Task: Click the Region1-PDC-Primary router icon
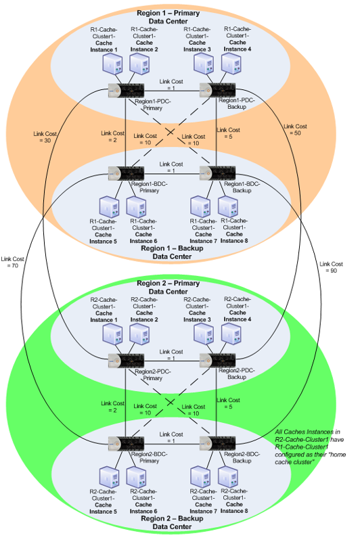pyautogui.click(x=127, y=91)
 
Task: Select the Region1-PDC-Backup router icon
pyautogui.click(x=217, y=91)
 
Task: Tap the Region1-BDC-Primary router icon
pyautogui.click(x=127, y=173)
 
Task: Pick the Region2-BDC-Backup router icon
pyautogui.click(x=217, y=444)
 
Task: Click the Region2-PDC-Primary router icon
pyautogui.click(x=127, y=361)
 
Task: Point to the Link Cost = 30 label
pyautogui.click(x=45, y=137)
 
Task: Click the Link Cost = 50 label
pyautogui.click(x=295, y=130)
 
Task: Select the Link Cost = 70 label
pyautogui.click(x=12, y=263)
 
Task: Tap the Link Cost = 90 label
pyautogui.click(x=331, y=267)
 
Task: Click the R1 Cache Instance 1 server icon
pyautogui.click(x=113, y=64)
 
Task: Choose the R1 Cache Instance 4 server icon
pyautogui.click(x=231, y=64)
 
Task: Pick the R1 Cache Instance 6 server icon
pyautogui.click(x=136, y=207)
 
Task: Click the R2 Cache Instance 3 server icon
pyautogui.click(x=204, y=334)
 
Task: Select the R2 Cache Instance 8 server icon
pyautogui.click(x=228, y=478)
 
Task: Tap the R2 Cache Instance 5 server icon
pyautogui.click(x=109, y=478)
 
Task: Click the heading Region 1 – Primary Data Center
pyautogui.click(x=168, y=17)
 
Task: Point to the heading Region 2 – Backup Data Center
pyautogui.click(x=172, y=522)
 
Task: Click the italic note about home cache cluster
pyautogui.click(x=311, y=447)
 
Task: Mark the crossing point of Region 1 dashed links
pyautogui.click(x=170, y=132)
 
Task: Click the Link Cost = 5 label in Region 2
pyautogui.click(x=228, y=403)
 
